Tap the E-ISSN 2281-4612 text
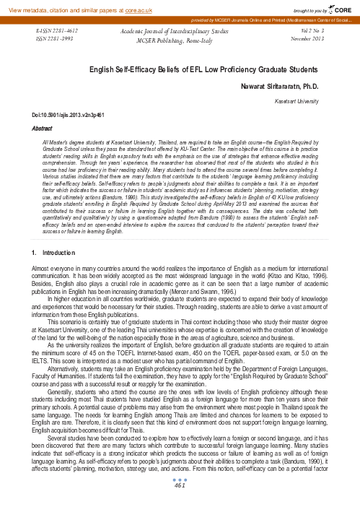(57, 33)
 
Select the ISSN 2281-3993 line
(55, 40)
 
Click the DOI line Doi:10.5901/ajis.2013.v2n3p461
(60, 116)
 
